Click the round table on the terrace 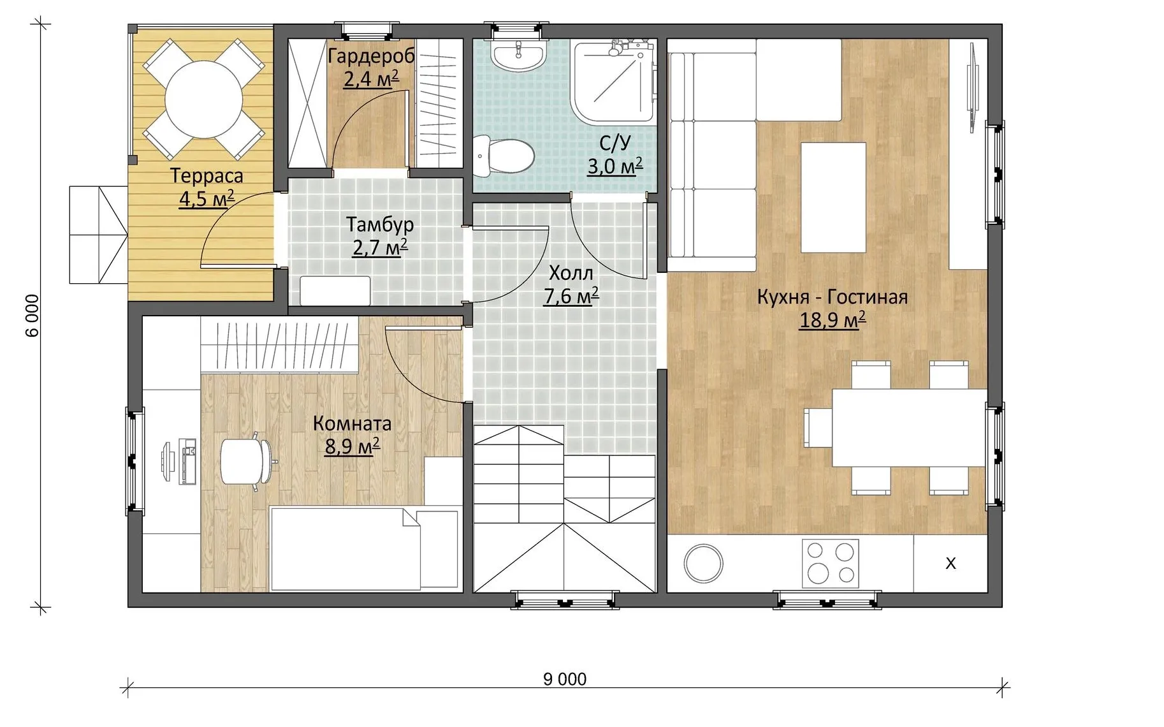(203, 99)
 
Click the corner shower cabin (613, 81)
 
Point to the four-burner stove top (830, 563)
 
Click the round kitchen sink (703, 563)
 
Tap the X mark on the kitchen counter (950, 563)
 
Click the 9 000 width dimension (565, 679)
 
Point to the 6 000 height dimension (33, 315)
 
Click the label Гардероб (371, 56)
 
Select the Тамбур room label (380, 224)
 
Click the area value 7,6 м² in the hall (571, 296)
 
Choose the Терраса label (207, 175)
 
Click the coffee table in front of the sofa (833, 198)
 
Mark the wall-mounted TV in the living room (973, 87)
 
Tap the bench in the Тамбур (335, 291)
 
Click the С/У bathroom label (615, 142)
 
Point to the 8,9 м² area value (353, 446)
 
